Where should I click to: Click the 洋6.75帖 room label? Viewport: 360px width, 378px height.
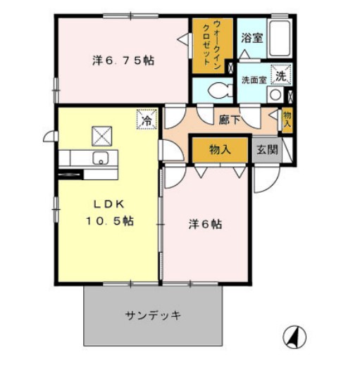[123, 61]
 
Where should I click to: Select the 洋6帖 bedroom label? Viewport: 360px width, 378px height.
[206, 225]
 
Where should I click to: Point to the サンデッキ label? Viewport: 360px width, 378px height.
[154, 315]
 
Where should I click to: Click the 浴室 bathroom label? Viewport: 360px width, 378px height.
[252, 37]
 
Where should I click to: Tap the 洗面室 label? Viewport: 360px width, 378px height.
[254, 79]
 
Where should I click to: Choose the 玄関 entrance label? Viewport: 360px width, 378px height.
[267, 149]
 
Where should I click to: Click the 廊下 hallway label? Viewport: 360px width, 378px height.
[230, 120]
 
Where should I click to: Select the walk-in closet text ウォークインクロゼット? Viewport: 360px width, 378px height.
[211, 44]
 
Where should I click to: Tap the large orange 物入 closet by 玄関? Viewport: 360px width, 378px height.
[220, 149]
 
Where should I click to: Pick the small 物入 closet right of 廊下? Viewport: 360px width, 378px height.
[287, 119]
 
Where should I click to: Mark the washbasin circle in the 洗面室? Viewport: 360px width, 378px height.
[277, 94]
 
